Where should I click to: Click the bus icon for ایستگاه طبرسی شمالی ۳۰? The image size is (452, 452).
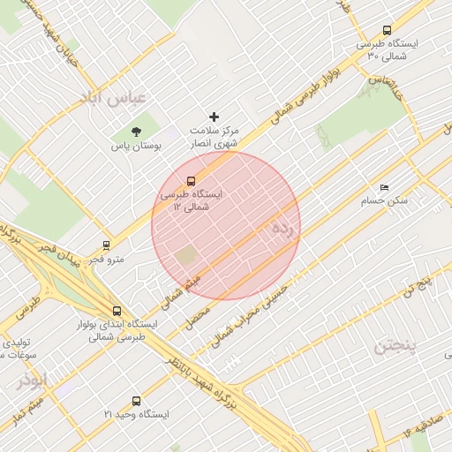click(x=388, y=30)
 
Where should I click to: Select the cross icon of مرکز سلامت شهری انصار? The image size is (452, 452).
click(x=214, y=117)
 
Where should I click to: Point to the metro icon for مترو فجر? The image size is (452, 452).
click(x=106, y=245)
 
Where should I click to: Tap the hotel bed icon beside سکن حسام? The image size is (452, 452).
click(x=383, y=188)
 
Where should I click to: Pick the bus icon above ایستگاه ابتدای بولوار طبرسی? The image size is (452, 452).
click(x=117, y=311)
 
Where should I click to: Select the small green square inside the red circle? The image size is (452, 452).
click(x=185, y=257)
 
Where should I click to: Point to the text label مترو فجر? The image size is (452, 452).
click(x=110, y=260)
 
